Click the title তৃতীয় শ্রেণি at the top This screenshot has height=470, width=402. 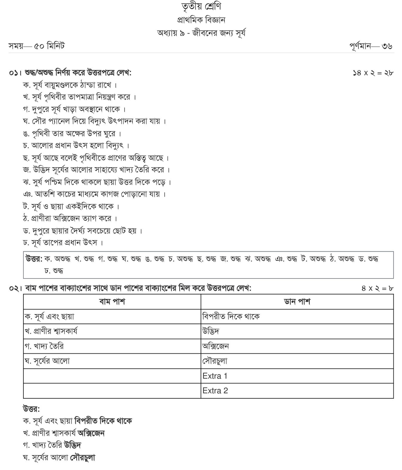(x=201, y=7)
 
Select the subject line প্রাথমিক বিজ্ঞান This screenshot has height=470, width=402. (x=201, y=20)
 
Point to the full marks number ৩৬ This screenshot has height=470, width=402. (x=387, y=46)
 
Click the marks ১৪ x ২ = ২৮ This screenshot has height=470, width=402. (x=373, y=73)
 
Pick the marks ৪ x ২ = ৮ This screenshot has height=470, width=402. (x=377, y=288)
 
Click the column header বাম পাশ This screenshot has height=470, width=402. (x=112, y=302)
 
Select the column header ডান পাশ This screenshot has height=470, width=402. (x=297, y=302)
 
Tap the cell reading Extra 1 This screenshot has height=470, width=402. (x=215, y=376)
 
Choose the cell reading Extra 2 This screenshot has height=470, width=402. (x=215, y=391)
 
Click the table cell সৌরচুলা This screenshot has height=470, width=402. (x=215, y=361)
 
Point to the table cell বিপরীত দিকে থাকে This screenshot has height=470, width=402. (x=231, y=316)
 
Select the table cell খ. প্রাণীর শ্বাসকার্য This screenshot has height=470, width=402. (x=51, y=331)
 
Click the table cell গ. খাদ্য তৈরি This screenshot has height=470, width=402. (x=44, y=346)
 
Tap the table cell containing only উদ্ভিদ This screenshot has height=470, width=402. (x=211, y=331)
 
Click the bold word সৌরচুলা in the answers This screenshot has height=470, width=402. (x=83, y=458)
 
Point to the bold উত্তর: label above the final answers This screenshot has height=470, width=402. (x=31, y=409)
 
